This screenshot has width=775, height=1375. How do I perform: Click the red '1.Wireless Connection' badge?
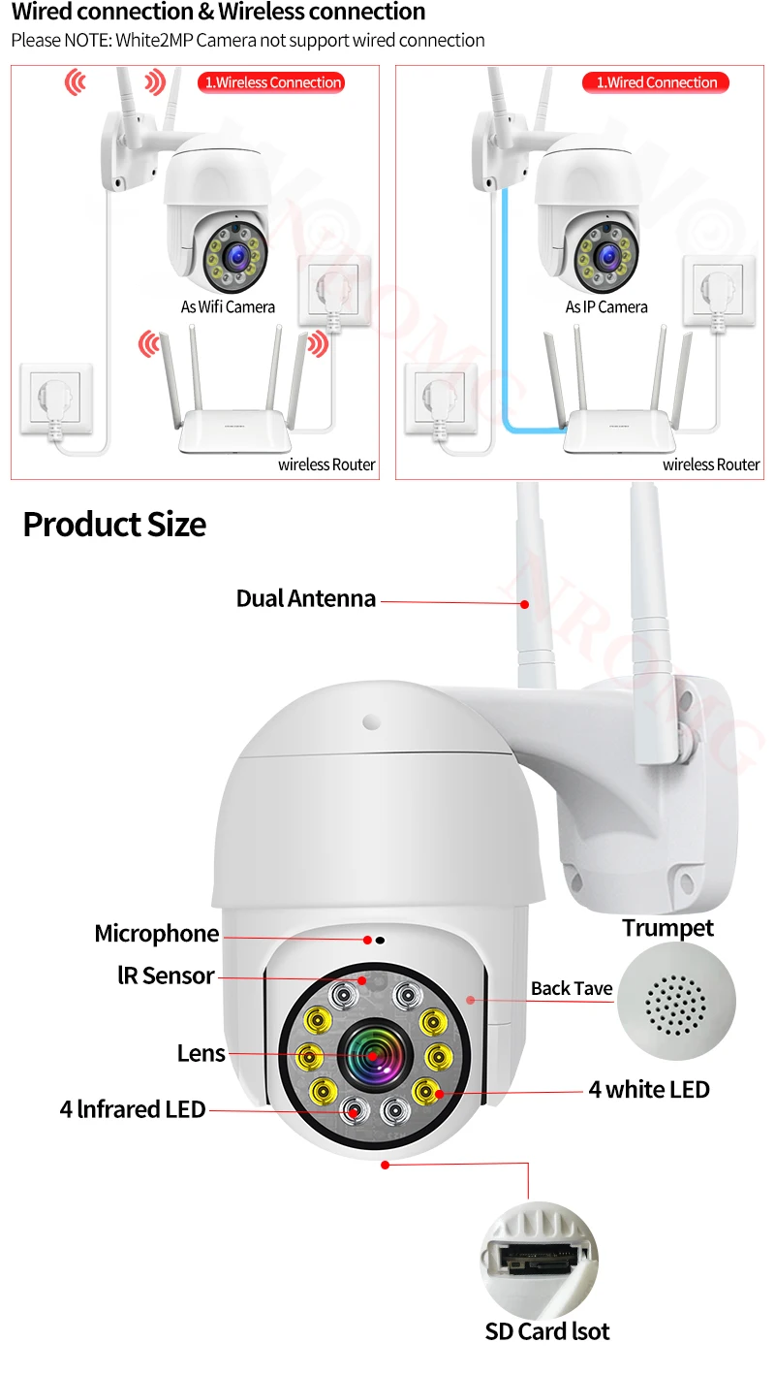pyautogui.click(x=272, y=82)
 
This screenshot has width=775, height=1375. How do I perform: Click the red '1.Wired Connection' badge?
pyautogui.click(x=656, y=82)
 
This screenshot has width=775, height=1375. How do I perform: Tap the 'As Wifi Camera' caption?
pyautogui.click(x=228, y=306)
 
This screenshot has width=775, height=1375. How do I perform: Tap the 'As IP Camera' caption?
pyautogui.click(x=606, y=306)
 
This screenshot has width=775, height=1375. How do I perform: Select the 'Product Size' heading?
pyautogui.click(x=114, y=525)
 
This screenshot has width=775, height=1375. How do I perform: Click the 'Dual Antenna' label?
pyautogui.click(x=305, y=598)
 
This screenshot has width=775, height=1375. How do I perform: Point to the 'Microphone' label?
pyautogui.click(x=156, y=934)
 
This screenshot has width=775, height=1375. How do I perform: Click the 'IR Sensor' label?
pyautogui.click(x=166, y=975)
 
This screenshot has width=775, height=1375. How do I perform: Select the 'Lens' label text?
pyautogui.click(x=201, y=1053)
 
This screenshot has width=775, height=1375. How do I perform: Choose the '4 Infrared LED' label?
pyautogui.click(x=133, y=1109)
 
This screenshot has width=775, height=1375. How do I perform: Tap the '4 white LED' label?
pyautogui.click(x=649, y=1089)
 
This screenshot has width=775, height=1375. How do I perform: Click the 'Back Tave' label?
pyautogui.click(x=572, y=989)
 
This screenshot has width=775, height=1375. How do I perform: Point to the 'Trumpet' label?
pyautogui.click(x=667, y=928)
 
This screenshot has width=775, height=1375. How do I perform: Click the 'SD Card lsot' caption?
pyautogui.click(x=547, y=1331)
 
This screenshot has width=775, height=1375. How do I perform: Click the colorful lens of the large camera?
pyautogui.click(x=372, y=1053)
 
